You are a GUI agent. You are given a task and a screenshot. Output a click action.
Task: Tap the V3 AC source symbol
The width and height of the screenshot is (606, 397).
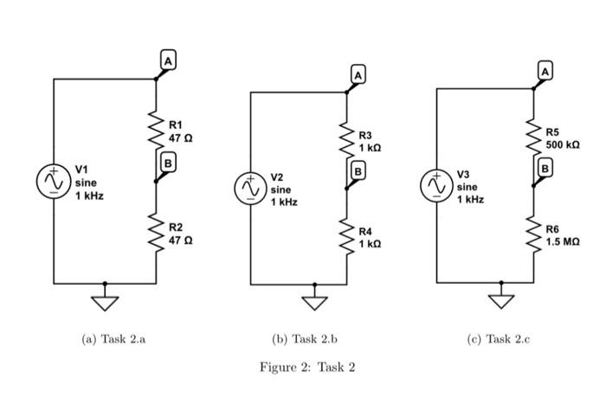coord(436,185)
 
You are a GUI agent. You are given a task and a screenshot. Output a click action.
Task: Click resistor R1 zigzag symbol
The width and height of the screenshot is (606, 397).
coord(156,130)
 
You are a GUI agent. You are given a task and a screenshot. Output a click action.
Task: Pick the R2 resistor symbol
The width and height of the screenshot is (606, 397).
coord(156,232)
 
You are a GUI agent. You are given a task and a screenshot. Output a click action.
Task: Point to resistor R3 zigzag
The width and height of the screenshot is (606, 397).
coord(346,141)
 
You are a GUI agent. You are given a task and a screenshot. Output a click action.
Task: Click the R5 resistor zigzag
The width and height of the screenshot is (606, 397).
coord(533,137)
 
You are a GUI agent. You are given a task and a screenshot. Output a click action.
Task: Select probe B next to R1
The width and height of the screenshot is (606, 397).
coord(167,162)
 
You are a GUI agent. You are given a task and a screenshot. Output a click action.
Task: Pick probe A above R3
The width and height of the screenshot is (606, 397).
coord(358,75)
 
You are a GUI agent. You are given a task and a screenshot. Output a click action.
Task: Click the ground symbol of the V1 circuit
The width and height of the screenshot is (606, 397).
coord(105,302)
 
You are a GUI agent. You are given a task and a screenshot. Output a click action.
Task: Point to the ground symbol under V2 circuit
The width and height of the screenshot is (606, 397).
coord(314,302)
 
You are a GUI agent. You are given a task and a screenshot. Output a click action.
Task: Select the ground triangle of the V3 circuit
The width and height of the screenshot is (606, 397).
coord(500,301)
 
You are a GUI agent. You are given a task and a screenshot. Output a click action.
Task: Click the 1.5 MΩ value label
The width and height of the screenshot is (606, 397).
coord(563,242)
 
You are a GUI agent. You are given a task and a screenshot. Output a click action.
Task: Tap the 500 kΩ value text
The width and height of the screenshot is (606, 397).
coord(563,144)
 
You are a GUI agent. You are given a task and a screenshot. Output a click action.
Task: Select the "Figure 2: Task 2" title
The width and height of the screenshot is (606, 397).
coord(307,367)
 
